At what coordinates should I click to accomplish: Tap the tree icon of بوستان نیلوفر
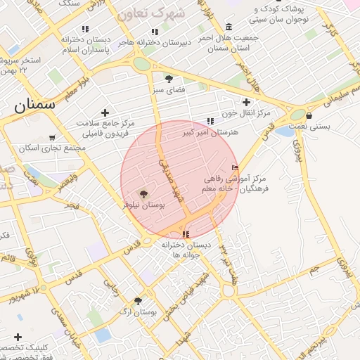tap(144, 194)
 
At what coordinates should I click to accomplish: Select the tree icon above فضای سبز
tap(168, 78)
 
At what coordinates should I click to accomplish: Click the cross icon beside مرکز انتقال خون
tap(246, 103)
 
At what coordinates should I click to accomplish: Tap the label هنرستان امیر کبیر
tap(211, 131)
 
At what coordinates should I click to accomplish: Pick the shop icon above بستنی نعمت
tap(309, 115)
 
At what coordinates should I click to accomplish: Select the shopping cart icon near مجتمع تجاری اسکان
tap(52, 137)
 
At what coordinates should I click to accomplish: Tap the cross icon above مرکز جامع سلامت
tap(105, 112)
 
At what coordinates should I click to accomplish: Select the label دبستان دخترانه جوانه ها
tap(186, 250)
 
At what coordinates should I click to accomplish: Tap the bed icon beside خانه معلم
tap(235, 167)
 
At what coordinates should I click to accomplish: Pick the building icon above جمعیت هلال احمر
tap(229, 27)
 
